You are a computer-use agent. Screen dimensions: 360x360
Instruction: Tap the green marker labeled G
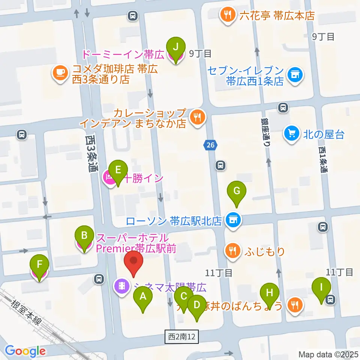click(x=237, y=191)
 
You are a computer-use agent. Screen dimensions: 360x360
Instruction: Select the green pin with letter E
click(x=118, y=170)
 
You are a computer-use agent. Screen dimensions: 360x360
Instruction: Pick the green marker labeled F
click(x=39, y=264)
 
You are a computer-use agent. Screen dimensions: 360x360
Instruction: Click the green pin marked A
click(x=143, y=297)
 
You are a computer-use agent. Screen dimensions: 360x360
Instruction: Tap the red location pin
click(x=133, y=261)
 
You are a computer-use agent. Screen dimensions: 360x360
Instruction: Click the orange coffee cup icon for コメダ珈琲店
click(x=60, y=72)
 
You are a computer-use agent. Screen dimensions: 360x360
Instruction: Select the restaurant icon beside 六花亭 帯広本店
click(x=227, y=15)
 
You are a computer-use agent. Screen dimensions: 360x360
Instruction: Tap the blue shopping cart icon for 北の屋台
click(x=291, y=133)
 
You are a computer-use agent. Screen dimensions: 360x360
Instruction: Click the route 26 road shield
click(x=210, y=144)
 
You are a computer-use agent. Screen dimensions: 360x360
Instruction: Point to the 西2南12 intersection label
click(x=182, y=336)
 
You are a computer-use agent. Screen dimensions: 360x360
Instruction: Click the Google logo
click(x=25, y=351)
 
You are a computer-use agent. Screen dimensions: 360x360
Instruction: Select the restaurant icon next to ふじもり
click(x=233, y=251)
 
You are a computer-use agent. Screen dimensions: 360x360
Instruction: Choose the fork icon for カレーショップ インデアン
click(x=197, y=117)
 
